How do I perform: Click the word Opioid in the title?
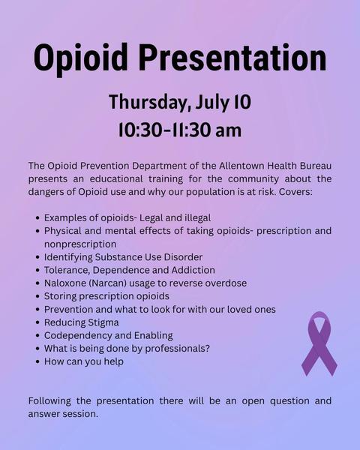[x=81, y=58]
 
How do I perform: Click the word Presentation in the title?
[x=232, y=57]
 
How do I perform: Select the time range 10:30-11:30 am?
[x=180, y=130]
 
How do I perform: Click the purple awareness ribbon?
[x=319, y=343]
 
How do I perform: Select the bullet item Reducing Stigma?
[x=82, y=322]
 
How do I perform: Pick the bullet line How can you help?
[x=84, y=361]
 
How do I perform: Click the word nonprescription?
[x=80, y=244]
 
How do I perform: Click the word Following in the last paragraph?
[x=49, y=401]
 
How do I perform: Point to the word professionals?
[x=178, y=349]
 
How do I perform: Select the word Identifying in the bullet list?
[x=68, y=257]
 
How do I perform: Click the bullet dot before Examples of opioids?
[x=37, y=218]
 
